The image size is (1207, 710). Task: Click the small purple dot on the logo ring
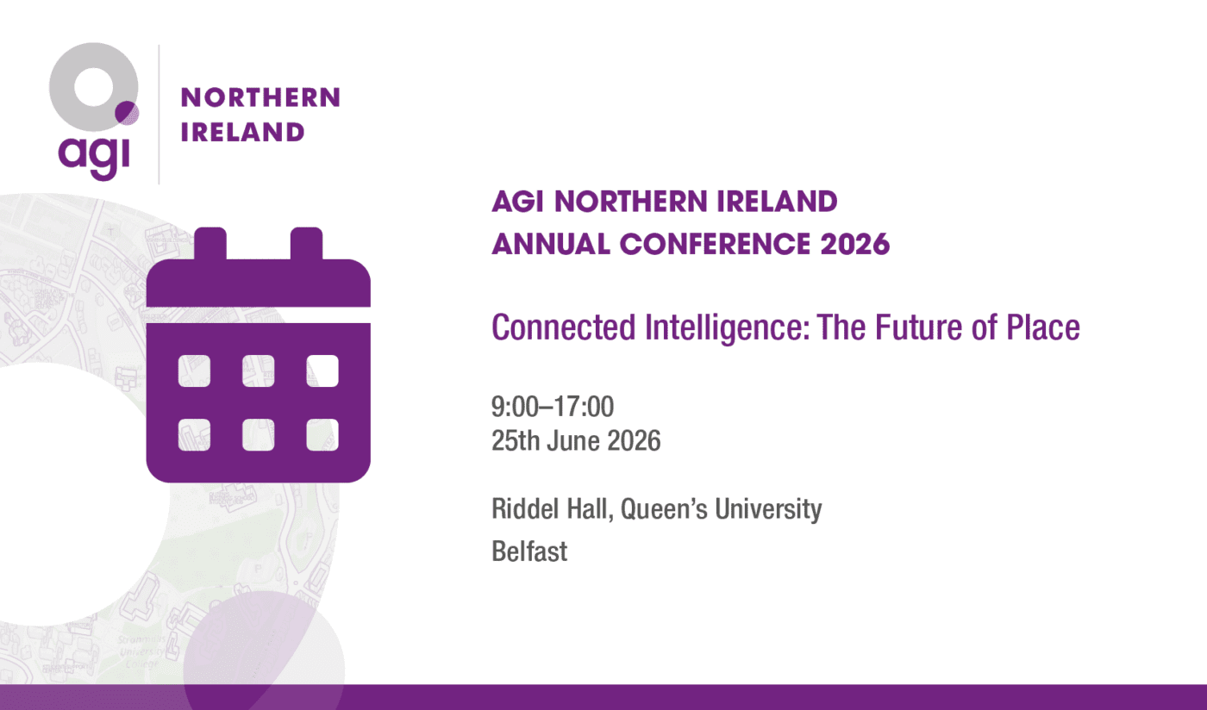(127, 113)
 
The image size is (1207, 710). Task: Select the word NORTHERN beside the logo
(260, 97)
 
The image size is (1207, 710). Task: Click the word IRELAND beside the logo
(242, 132)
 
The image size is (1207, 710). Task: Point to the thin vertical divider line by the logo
(159, 115)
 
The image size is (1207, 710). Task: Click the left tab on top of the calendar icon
(210, 244)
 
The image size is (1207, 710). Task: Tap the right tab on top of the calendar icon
(307, 244)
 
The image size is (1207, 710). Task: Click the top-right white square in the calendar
(322, 371)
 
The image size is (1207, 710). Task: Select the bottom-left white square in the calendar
(194, 435)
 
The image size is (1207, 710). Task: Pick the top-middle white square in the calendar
(258, 371)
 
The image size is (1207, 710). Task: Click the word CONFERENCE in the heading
(715, 244)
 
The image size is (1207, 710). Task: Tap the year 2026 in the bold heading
(855, 244)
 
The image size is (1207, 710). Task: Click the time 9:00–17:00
(553, 407)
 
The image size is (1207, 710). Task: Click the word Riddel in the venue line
(522, 509)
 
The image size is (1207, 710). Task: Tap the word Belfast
(529, 551)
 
